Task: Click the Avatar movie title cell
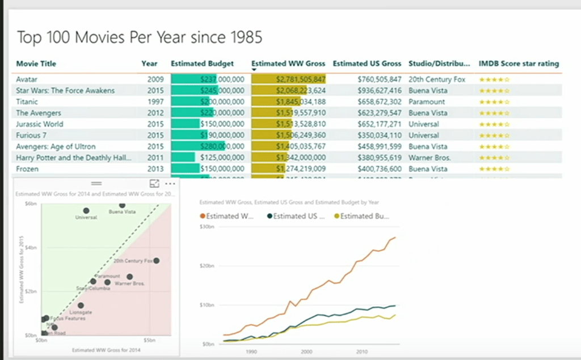27,79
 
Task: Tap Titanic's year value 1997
156,102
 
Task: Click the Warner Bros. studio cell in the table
430,158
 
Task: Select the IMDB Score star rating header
519,63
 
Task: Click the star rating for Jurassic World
494,124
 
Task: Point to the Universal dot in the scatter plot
86,211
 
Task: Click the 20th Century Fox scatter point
156,261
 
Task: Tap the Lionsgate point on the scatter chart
81,306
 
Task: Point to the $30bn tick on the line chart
208,227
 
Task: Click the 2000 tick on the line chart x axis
306,351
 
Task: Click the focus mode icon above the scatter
154,184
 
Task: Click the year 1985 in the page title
246,38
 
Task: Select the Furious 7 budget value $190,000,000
222,135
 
